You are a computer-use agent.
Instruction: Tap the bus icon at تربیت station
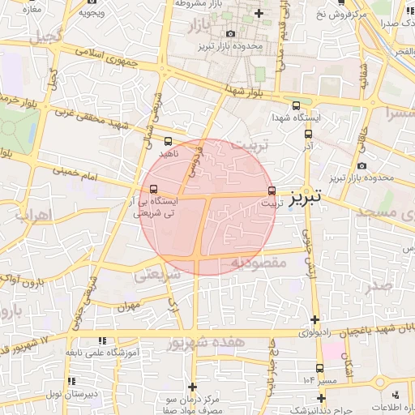(271, 191)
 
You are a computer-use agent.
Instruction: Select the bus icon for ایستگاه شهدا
(296, 105)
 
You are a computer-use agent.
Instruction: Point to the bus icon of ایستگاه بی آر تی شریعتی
(154, 188)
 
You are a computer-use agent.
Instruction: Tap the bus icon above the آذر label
(306, 135)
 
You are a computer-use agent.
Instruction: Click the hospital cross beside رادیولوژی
(314, 319)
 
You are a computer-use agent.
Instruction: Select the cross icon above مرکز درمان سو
(192, 387)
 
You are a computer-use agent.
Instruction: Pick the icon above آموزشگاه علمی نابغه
(101, 341)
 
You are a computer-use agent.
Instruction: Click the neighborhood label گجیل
(45, 37)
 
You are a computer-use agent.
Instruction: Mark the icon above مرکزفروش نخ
(362, 2)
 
